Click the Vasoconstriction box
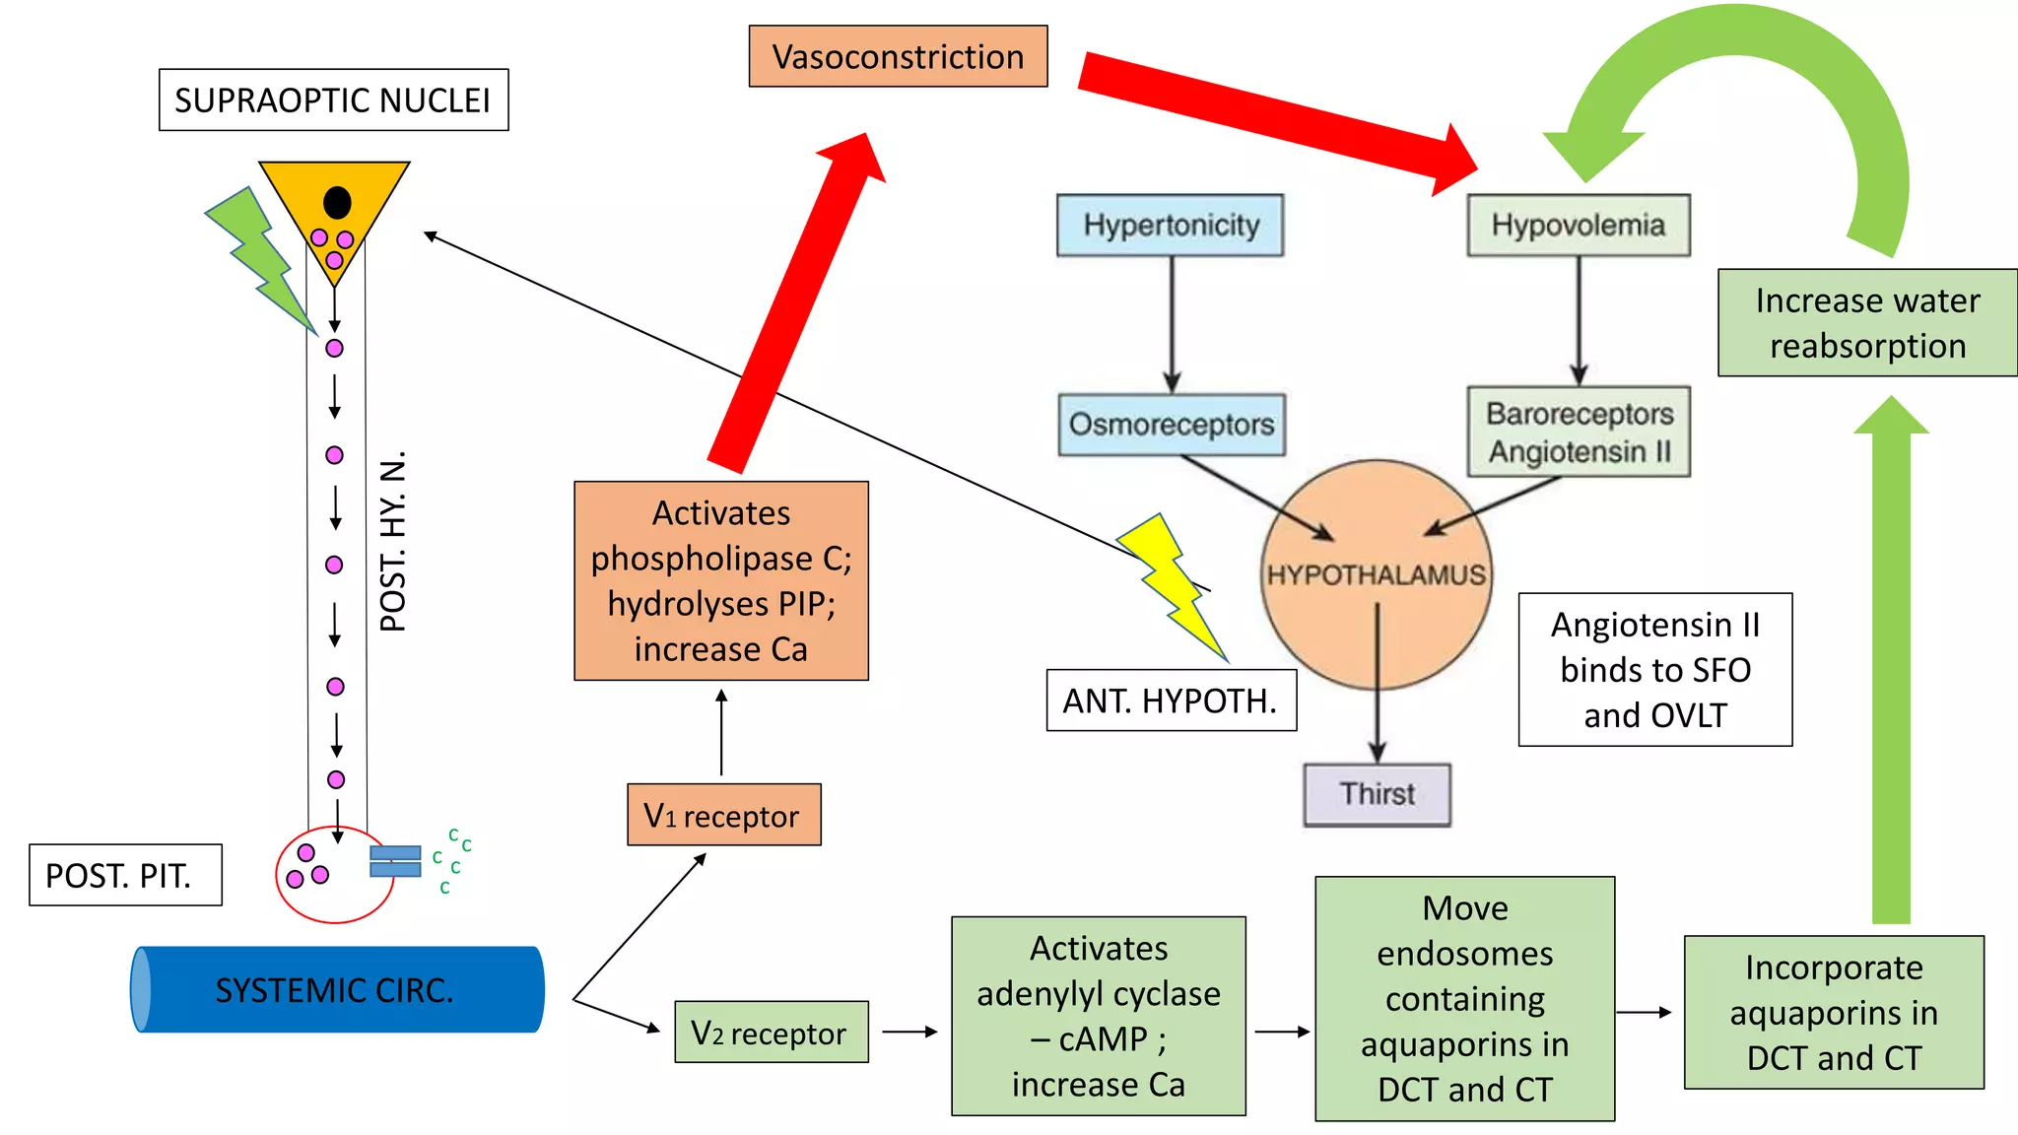(898, 56)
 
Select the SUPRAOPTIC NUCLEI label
(333, 100)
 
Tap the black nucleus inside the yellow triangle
(337, 202)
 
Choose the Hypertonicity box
(1171, 225)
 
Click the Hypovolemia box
(1578, 225)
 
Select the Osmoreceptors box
(1172, 425)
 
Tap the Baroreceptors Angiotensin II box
(1579, 432)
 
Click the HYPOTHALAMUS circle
(1377, 574)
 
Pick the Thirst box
(1377, 794)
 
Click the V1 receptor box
(723, 815)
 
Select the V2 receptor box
(771, 1032)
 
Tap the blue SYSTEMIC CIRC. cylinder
(335, 989)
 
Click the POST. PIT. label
(125, 874)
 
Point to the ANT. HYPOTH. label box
(1171, 701)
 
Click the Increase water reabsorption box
(1866, 322)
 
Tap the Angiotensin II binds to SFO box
(1654, 669)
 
